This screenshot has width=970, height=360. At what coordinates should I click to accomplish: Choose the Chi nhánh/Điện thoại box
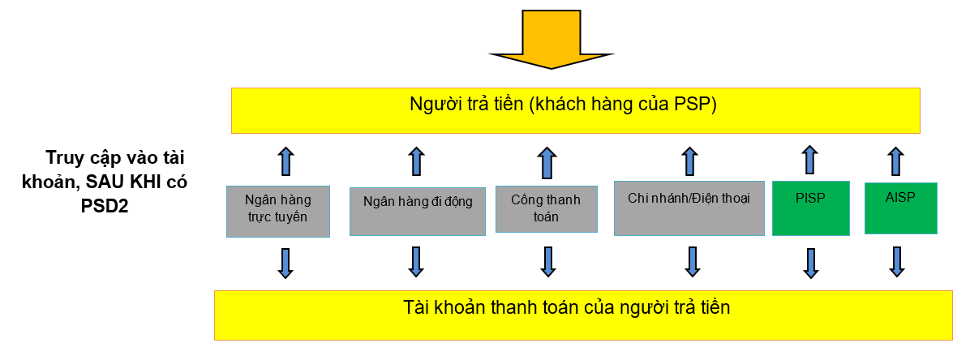(x=689, y=208)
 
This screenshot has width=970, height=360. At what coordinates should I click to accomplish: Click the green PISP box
(x=810, y=208)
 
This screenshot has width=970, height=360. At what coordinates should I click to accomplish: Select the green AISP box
(x=901, y=207)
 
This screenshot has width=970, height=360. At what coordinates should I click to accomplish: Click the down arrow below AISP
(x=896, y=262)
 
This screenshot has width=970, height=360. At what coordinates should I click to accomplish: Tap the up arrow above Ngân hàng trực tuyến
(x=285, y=161)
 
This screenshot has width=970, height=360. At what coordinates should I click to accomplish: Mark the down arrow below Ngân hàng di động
(x=416, y=261)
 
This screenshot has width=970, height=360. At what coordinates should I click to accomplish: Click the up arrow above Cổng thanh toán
(x=547, y=161)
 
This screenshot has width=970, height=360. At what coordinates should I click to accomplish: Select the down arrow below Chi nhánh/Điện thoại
(x=692, y=261)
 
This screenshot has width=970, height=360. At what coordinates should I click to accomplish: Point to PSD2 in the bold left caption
(x=105, y=206)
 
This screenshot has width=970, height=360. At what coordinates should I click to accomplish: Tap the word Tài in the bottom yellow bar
(x=415, y=308)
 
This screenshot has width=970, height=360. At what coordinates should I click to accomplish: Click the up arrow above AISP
(x=895, y=160)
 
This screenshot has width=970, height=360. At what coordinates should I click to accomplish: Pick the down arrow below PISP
(x=809, y=263)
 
